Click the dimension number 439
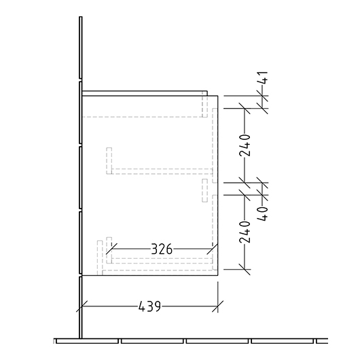click(x=149, y=306)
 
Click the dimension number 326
click(x=162, y=249)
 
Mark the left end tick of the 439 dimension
click(x=82, y=306)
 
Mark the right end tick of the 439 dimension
click(x=217, y=306)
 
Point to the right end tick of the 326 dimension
click(x=213, y=249)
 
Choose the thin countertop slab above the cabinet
click(x=145, y=92)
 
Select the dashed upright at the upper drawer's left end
click(x=108, y=161)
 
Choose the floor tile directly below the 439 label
click(x=153, y=341)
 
